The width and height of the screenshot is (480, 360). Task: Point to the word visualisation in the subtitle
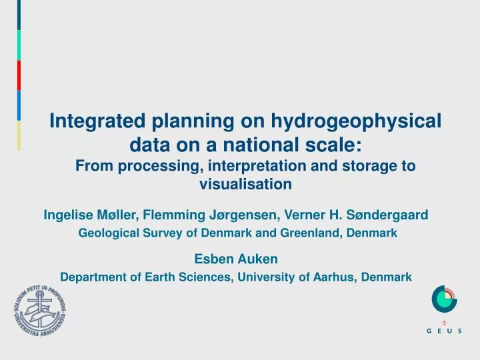[x=246, y=183]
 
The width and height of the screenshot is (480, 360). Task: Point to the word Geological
[x=109, y=233]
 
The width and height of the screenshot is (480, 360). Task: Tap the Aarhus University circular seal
[x=39, y=312]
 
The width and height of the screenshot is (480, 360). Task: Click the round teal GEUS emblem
[x=445, y=299]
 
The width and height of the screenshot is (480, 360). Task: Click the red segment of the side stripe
[x=19, y=75]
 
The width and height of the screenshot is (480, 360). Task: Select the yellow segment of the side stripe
[x=19, y=135]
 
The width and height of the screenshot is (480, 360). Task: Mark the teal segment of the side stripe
[x=19, y=45]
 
